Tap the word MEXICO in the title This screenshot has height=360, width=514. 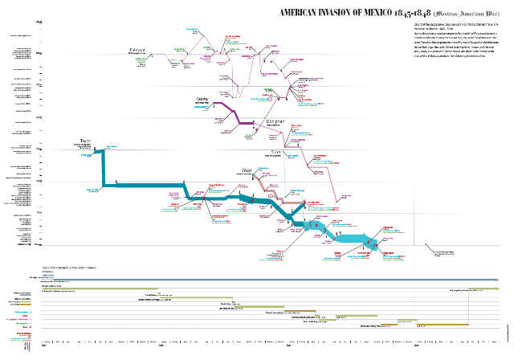[x=376, y=14]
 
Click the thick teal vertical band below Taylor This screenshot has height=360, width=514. [x=104, y=170]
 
